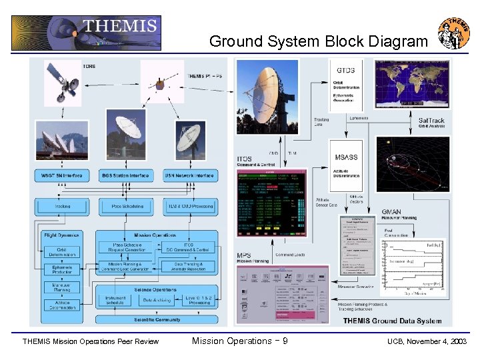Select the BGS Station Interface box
[125, 175]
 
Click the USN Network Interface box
[190, 175]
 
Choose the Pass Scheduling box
[125, 207]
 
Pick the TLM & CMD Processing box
[190, 207]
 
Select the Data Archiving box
[157, 301]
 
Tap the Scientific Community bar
[157, 319]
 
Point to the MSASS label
[345, 157]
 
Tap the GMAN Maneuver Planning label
[399, 213]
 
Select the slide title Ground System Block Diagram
[319, 41]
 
